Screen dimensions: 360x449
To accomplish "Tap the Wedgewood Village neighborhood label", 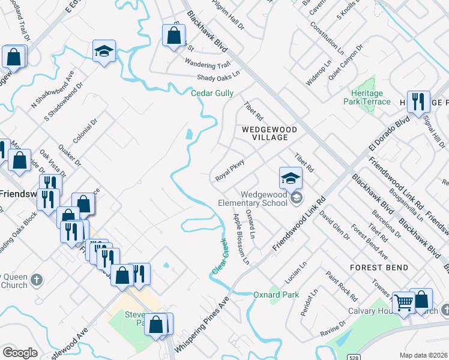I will [x=265, y=133].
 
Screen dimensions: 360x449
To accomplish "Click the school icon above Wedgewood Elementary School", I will [x=290, y=178].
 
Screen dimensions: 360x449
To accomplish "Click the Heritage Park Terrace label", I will [x=371, y=98].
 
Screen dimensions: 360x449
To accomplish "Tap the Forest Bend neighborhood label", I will [x=380, y=268].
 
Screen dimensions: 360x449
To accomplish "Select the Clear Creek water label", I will [x=220, y=257].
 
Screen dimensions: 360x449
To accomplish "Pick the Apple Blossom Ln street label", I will [x=241, y=239].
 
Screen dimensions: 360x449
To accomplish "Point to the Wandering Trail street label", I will [x=207, y=64].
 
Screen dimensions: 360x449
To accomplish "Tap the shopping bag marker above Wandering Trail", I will [x=173, y=35].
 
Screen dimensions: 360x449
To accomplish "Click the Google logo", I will [x=20, y=352].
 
